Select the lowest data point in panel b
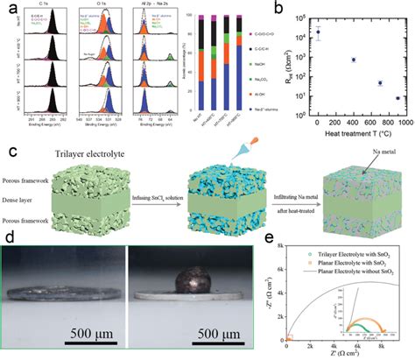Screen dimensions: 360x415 [x=397, y=99]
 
